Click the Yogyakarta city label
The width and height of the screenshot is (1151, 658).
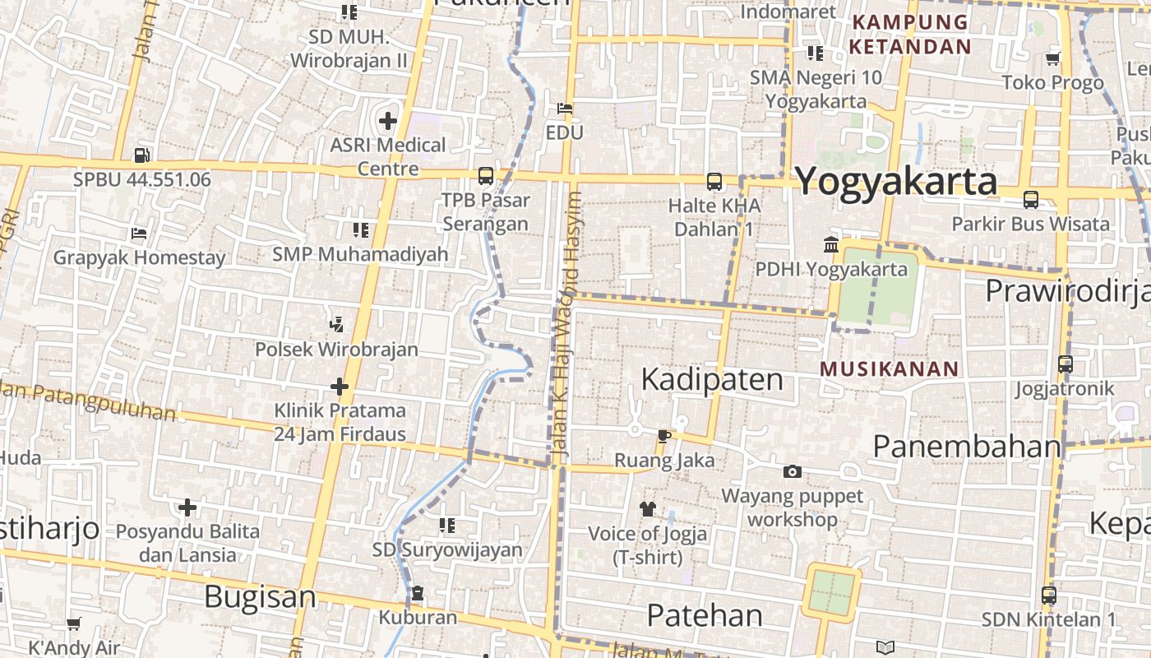(896, 181)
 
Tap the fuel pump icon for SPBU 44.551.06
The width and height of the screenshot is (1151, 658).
(141, 154)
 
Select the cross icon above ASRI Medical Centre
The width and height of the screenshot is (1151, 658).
(387, 121)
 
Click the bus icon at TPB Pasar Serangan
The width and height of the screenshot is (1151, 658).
(486, 175)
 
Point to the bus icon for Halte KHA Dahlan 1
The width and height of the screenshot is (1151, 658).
(714, 181)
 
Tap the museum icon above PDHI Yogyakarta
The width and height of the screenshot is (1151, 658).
(830, 245)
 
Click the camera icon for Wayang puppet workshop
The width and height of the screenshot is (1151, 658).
(793, 471)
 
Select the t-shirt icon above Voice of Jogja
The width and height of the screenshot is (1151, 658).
(647, 509)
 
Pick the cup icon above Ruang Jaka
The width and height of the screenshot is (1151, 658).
(663, 435)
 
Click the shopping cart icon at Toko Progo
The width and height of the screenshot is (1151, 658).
(1052, 58)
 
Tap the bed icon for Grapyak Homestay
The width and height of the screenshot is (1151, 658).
(139, 234)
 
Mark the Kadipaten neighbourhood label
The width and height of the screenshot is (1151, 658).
(712, 379)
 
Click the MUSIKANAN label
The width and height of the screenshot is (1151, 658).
(890, 368)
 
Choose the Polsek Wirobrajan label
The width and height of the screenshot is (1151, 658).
(336, 349)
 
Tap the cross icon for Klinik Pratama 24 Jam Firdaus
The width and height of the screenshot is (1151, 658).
(340, 386)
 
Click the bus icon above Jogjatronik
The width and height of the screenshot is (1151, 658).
(1065, 364)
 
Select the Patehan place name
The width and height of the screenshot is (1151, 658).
(705, 615)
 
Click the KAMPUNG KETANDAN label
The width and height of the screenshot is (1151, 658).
(910, 34)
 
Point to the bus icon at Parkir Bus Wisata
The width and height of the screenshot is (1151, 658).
(1030, 199)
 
